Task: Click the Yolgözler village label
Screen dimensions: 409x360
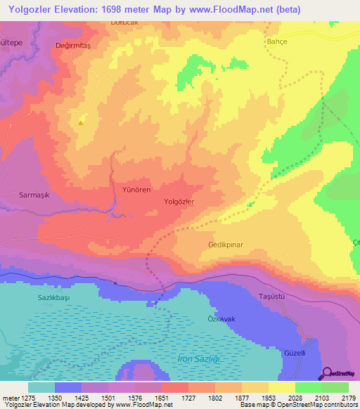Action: coord(179,202)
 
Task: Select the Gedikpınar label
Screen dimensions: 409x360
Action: coord(225,245)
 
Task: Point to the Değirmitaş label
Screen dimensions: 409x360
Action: coord(74,44)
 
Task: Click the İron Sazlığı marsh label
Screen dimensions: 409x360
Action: coord(199,359)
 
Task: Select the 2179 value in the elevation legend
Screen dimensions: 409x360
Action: coord(349,398)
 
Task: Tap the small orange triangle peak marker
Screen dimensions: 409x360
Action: coord(81,122)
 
